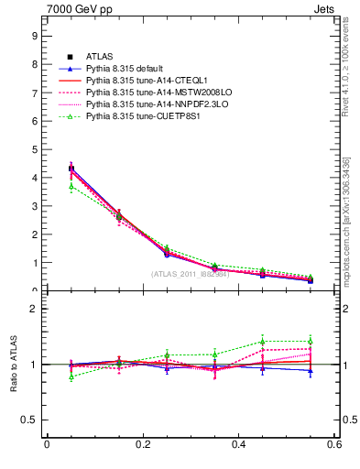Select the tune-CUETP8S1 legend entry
point(136,116)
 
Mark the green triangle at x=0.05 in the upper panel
point(71,186)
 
